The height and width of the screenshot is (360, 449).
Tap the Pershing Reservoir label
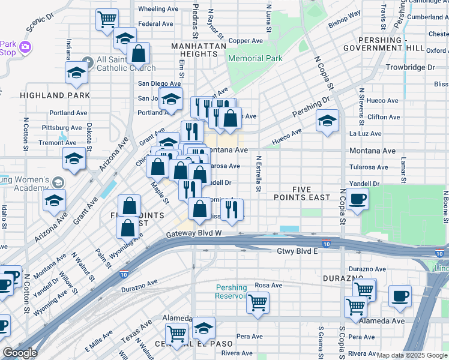[232, 292]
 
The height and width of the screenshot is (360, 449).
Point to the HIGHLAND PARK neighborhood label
[55, 95]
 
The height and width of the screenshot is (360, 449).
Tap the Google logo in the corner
[19, 353]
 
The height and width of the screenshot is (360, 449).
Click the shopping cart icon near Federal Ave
[107, 19]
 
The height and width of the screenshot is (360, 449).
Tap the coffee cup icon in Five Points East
[357, 199]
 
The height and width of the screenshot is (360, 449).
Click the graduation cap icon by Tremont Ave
[74, 160]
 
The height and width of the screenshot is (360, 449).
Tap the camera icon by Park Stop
[25, 46]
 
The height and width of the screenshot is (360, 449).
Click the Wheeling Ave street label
[158, 9]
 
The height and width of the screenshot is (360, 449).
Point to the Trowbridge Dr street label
[410, 68]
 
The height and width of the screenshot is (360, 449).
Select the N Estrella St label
[258, 174]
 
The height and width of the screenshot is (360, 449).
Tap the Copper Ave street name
[246, 41]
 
